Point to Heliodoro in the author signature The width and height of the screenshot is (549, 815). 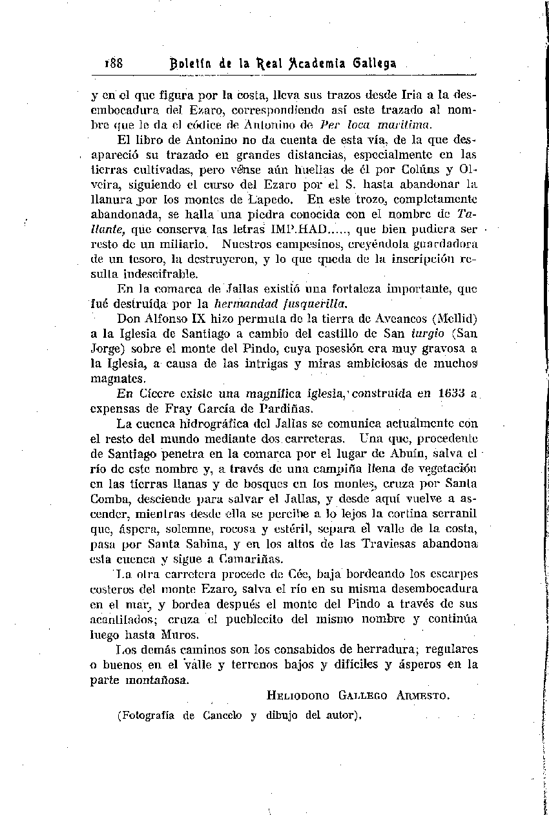pos(298,696)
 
